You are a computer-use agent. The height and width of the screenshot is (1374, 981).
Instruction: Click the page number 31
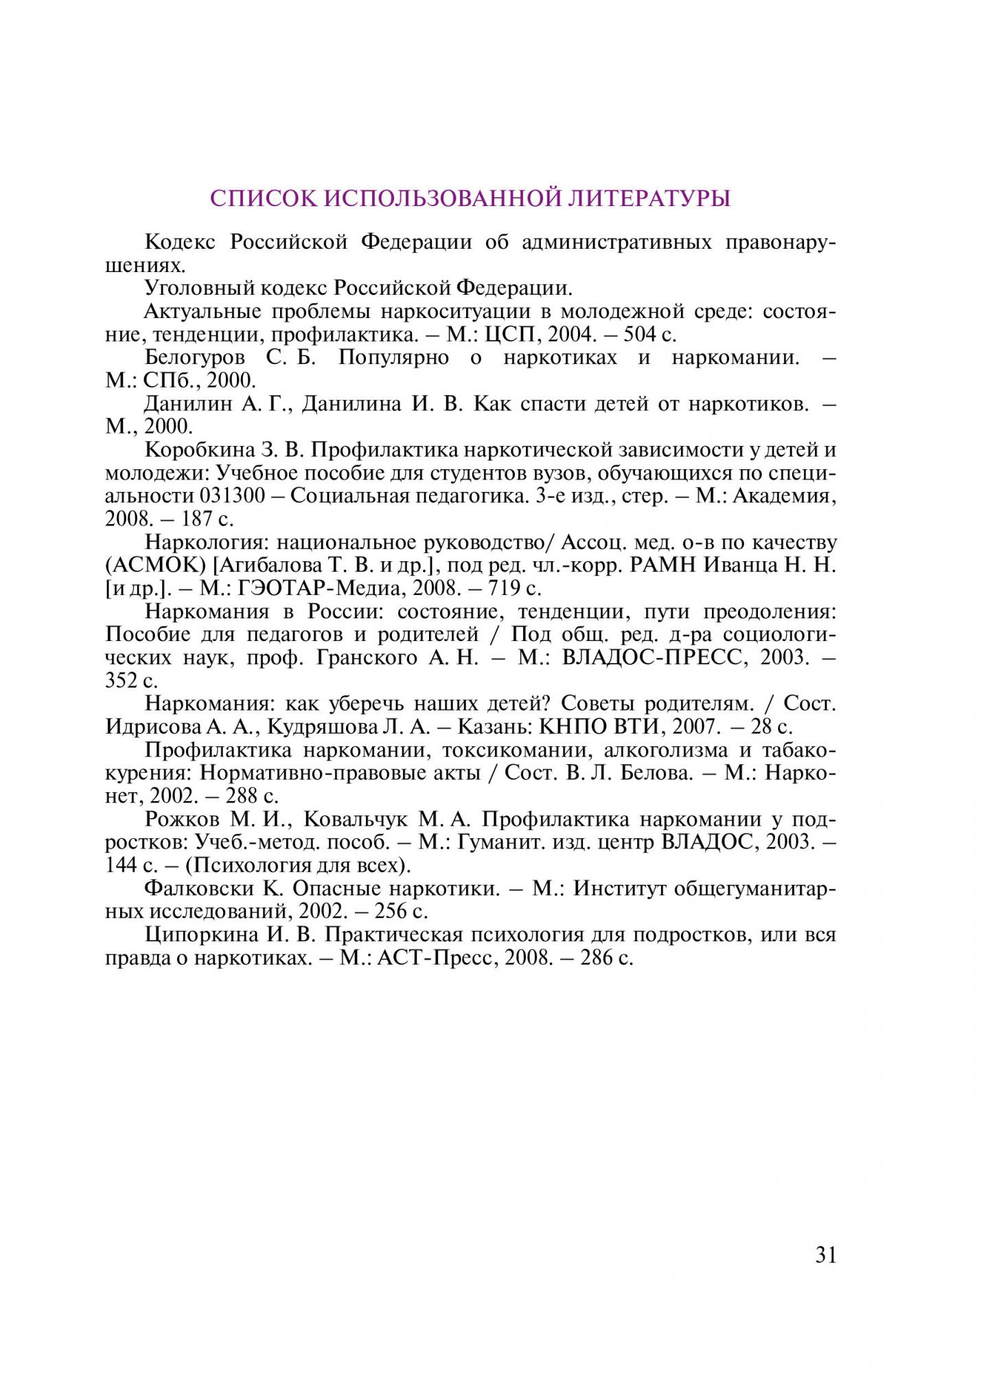point(826,1256)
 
